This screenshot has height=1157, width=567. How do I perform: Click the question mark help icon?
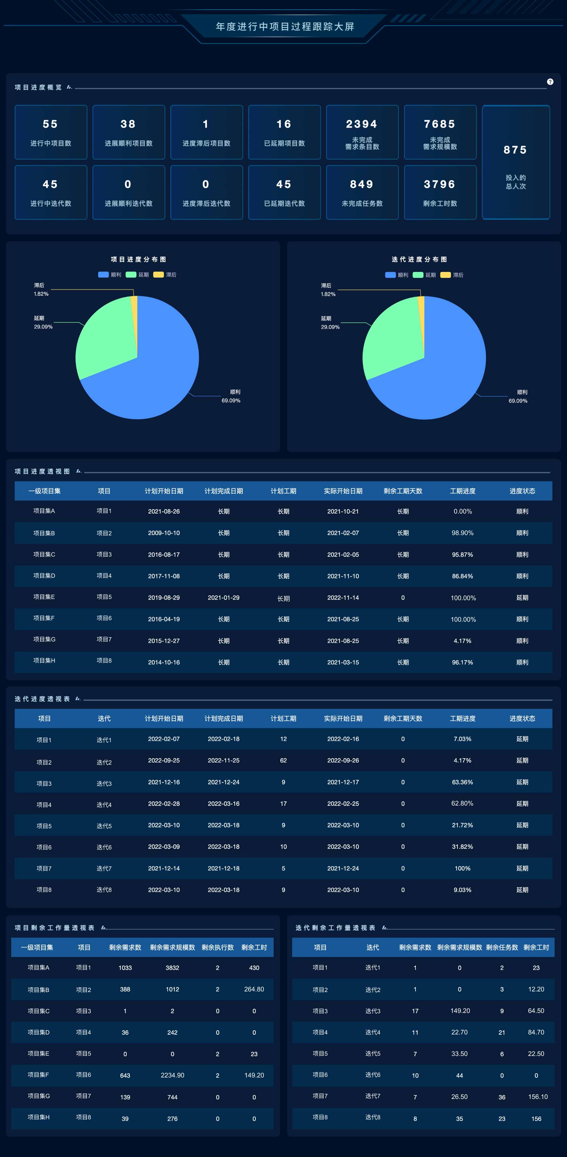550,82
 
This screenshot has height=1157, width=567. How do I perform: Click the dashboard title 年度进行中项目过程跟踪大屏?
285,27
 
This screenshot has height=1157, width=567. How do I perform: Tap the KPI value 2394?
362,124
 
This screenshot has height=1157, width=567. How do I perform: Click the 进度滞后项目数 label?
206,143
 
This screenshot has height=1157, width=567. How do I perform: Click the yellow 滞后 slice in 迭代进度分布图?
421,310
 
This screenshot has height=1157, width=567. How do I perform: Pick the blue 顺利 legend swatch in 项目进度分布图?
103,274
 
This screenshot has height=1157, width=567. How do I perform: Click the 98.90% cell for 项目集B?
462,533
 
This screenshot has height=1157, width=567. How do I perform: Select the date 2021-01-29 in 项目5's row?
223,598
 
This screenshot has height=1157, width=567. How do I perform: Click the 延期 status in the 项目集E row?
522,598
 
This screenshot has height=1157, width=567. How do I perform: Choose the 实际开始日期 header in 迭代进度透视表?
343,718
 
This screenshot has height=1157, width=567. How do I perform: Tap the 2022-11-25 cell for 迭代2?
223,760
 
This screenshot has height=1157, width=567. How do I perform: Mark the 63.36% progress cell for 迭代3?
462,782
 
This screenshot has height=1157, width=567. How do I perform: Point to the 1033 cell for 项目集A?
125,968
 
